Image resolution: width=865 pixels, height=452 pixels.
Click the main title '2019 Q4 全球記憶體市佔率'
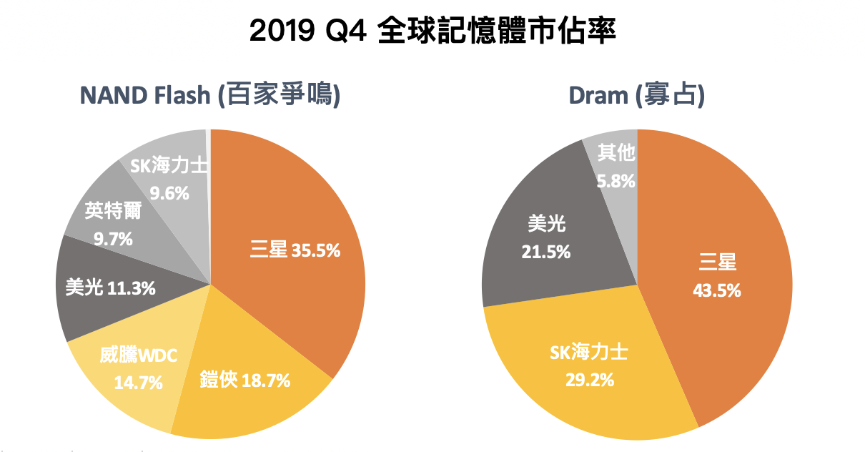(432, 32)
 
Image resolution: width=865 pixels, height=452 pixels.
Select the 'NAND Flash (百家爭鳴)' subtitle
(209, 95)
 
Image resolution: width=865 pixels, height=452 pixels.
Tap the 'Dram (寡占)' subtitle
(637, 95)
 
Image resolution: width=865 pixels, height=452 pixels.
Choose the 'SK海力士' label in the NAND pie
(169, 166)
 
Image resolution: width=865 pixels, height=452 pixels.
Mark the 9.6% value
(169, 192)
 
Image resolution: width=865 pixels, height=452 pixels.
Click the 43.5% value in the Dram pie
(717, 290)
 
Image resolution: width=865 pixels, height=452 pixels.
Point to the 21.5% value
(547, 252)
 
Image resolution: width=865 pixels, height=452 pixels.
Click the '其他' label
(616, 153)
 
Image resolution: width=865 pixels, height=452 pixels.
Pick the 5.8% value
(616, 180)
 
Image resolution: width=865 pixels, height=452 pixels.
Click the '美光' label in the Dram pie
(547, 225)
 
